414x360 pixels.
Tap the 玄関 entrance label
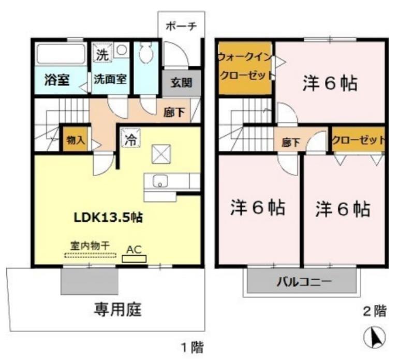181,82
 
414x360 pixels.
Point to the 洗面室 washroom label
110,81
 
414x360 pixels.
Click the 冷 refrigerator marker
131,139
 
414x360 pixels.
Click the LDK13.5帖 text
108,217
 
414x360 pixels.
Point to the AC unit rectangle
135,258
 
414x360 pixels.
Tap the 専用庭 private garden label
118,310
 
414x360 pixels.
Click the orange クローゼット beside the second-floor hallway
358,140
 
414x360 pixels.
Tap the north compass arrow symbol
375,338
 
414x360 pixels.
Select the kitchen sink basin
160,181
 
